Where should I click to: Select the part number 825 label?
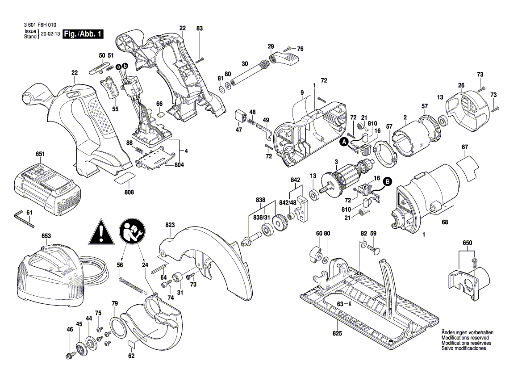337,334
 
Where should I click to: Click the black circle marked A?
344,142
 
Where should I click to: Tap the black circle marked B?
387,181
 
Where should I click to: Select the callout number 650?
467,242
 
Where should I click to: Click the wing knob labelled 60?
315,255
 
